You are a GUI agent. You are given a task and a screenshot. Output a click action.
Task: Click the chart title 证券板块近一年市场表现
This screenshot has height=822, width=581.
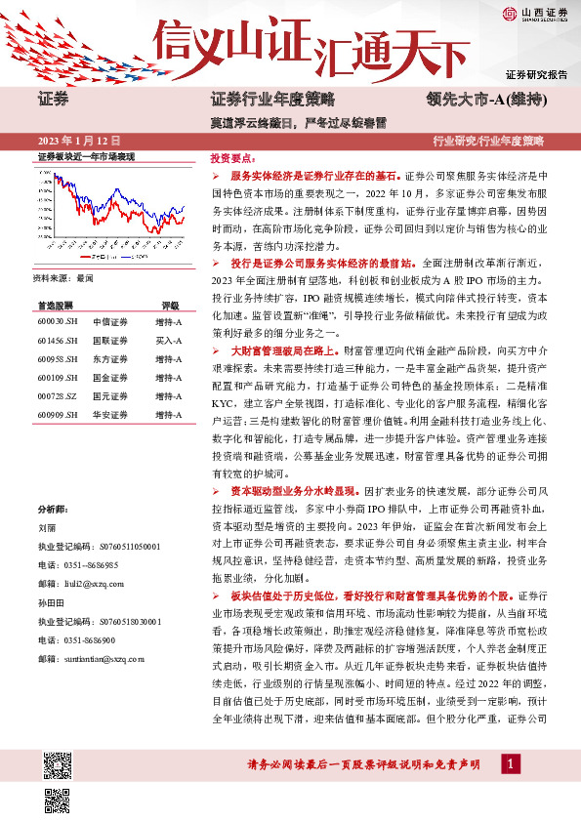(x=84, y=157)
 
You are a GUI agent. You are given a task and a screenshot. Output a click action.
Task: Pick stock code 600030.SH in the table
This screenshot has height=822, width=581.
(x=58, y=321)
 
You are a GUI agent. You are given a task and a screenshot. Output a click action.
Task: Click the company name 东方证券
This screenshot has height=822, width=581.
(x=107, y=358)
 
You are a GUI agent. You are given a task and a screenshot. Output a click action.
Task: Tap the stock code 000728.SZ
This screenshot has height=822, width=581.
(x=58, y=395)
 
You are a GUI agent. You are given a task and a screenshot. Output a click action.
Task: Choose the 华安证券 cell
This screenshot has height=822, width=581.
(x=107, y=414)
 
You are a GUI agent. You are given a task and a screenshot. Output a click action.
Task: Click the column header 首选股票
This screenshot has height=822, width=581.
(x=56, y=305)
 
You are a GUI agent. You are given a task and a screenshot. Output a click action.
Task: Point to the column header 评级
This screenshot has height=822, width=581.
(x=170, y=305)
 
